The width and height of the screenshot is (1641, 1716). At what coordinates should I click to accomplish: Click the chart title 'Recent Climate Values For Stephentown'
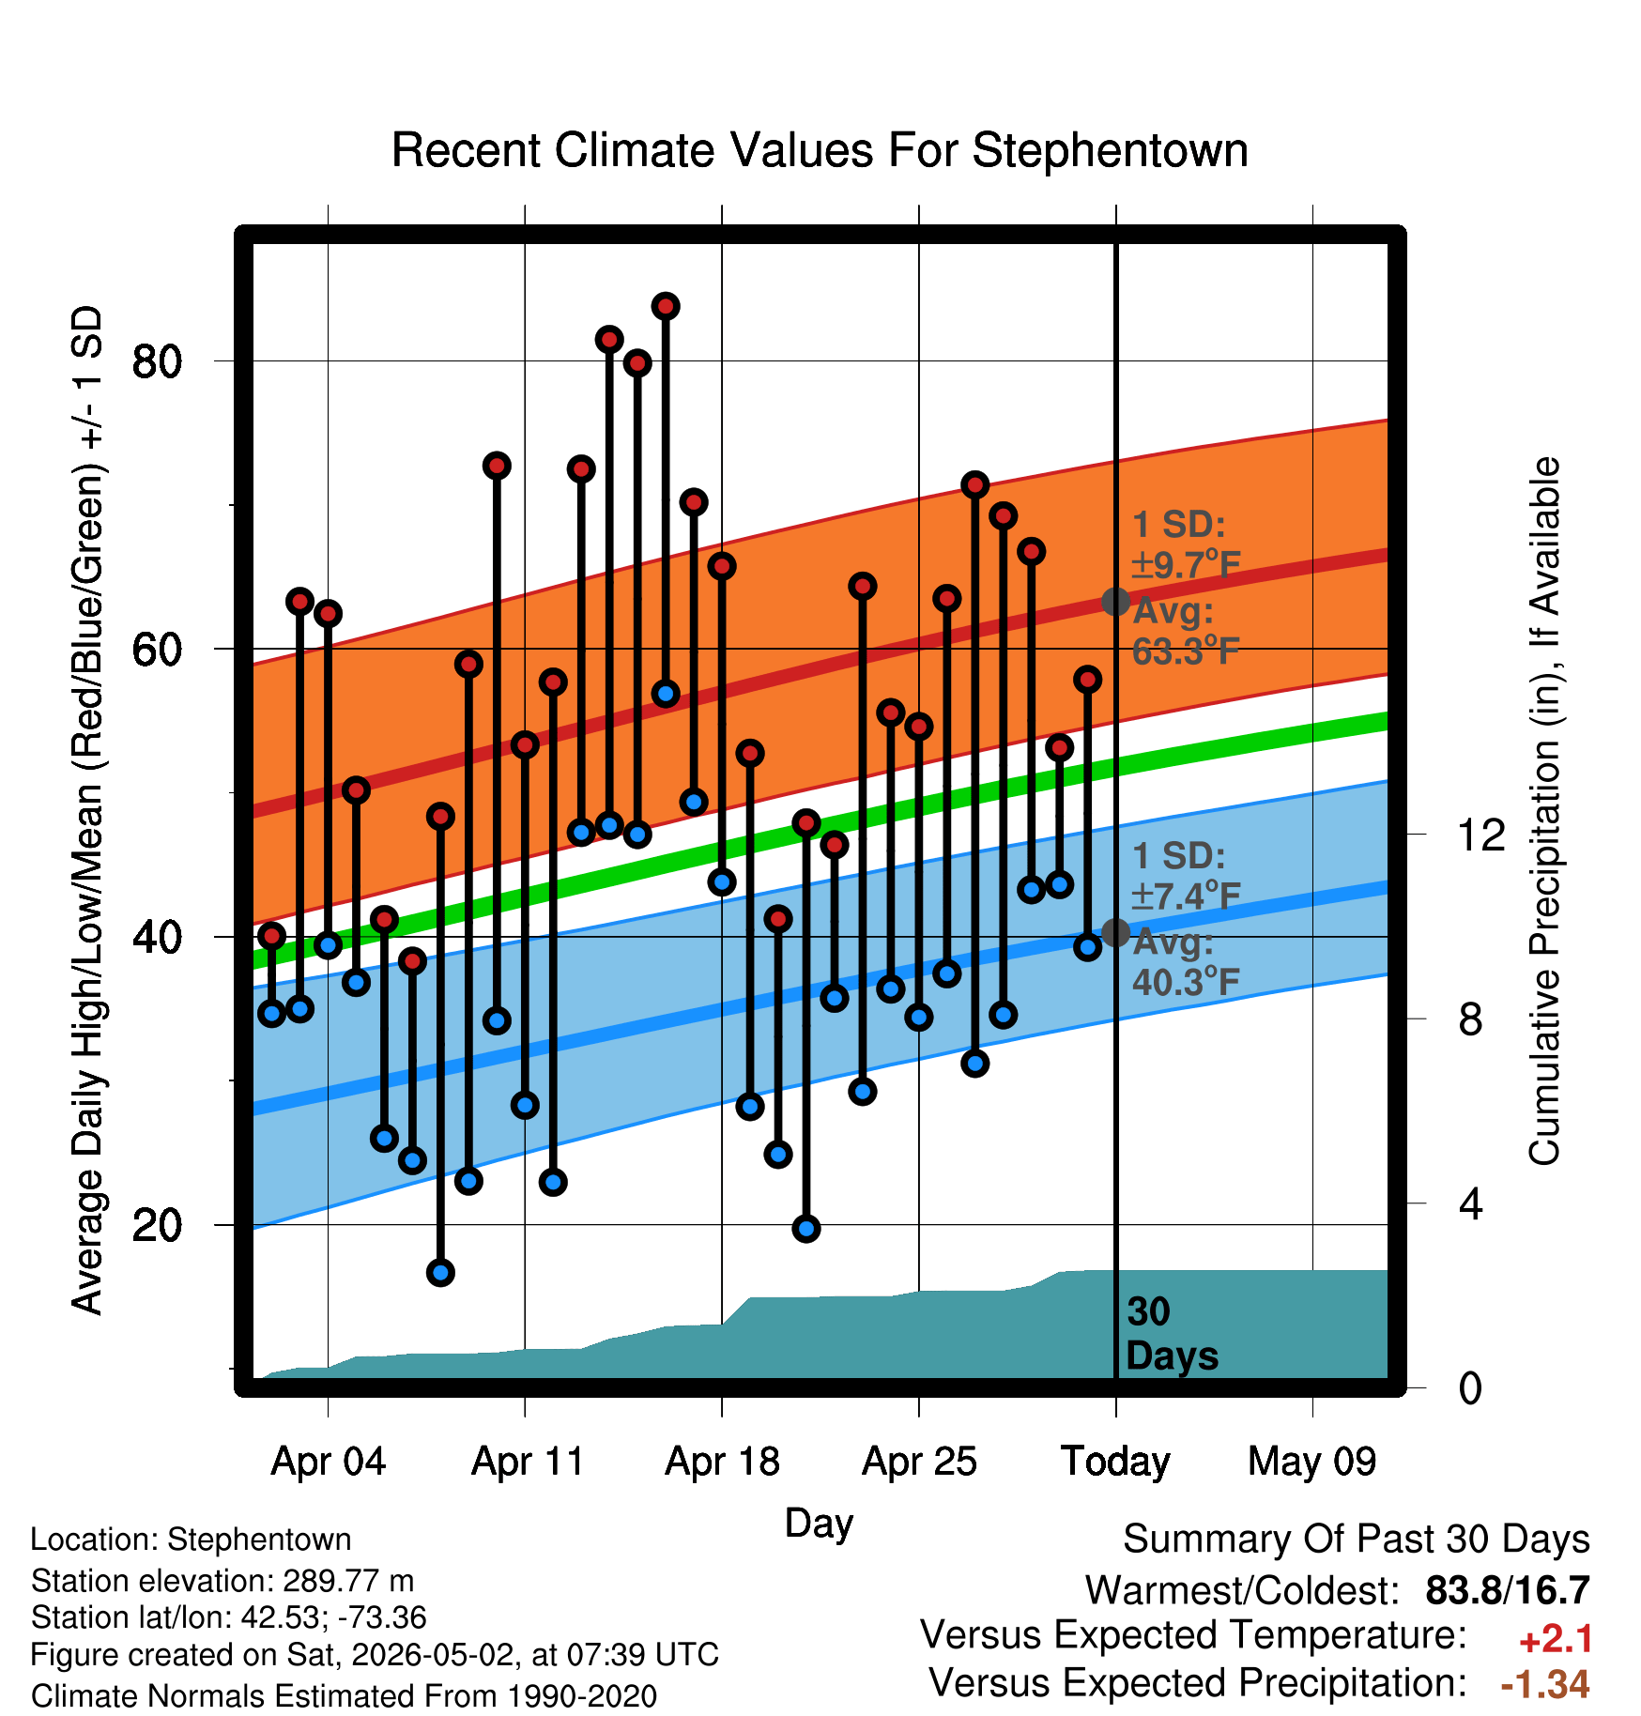click(x=820, y=150)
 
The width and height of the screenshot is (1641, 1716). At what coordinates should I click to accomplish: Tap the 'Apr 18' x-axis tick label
click(x=722, y=1462)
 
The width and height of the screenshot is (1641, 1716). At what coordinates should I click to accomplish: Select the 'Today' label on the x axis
click(x=1115, y=1462)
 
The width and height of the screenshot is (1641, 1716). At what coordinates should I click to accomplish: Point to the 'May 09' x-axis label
click(x=1312, y=1462)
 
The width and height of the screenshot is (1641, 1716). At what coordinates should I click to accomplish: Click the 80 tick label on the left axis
click(x=157, y=360)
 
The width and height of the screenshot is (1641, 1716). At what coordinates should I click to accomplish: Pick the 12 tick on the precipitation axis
click(x=1480, y=835)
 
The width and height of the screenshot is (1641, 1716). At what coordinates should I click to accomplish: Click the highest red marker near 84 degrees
click(x=666, y=306)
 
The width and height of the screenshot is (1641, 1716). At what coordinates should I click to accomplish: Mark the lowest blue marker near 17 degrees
click(x=440, y=1273)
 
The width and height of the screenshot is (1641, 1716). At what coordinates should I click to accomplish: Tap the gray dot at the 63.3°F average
click(x=1115, y=601)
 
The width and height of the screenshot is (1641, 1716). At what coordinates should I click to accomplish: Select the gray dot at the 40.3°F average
click(x=1115, y=932)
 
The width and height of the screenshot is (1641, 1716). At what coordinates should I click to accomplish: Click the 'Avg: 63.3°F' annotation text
click(x=1186, y=631)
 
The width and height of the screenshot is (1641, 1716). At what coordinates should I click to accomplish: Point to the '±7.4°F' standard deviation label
click(x=1186, y=896)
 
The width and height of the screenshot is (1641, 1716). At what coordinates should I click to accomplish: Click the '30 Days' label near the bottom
click(x=1172, y=1334)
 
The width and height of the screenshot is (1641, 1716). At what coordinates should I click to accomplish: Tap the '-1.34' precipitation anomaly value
click(x=1545, y=1684)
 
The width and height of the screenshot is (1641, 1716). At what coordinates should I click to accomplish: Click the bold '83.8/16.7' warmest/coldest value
click(x=1508, y=1591)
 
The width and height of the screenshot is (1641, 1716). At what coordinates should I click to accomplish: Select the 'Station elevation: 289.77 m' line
click(x=222, y=1581)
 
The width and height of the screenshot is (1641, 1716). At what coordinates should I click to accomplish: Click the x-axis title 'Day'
click(x=819, y=1523)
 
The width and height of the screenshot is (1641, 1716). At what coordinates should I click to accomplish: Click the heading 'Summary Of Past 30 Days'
click(x=1357, y=1540)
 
